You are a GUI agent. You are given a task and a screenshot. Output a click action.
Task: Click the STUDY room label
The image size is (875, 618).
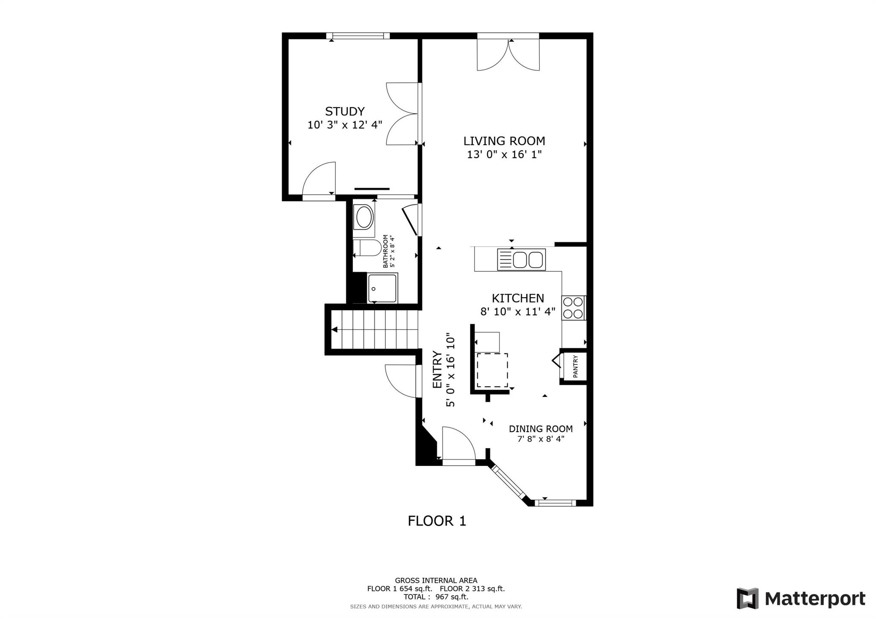coord(345,111)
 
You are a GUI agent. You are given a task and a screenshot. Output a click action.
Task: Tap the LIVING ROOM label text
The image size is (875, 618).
coord(504,141)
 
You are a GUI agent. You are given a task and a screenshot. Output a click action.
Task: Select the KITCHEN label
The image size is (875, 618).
coord(518,298)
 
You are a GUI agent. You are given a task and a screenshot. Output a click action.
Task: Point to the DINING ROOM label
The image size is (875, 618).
coord(540,429)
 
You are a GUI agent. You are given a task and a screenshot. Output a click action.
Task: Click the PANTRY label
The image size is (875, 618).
coord(575,366)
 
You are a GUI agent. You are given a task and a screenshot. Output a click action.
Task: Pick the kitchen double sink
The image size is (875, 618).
coord(521,260)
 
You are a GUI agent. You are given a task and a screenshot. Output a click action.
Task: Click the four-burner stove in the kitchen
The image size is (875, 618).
coord(573,308)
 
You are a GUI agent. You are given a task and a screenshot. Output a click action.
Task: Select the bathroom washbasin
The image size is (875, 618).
coord(364,217)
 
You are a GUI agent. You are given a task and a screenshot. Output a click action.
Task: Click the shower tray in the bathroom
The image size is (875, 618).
coord(383,288)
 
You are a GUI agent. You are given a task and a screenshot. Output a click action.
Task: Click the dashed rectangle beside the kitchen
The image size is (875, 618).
coord(492,370)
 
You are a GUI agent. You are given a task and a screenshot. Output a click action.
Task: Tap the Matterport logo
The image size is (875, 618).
coord(801,598)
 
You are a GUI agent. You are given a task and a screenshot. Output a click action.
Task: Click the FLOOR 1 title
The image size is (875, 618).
coord(437,521)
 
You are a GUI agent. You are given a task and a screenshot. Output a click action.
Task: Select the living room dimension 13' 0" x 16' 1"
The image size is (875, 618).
coord(504,155)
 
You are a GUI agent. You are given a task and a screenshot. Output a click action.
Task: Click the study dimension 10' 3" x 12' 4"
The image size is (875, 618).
coord(345,125)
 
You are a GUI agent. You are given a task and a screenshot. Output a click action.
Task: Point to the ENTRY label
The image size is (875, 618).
coord(437,369)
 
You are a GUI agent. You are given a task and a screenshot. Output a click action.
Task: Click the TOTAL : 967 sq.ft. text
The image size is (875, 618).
coord(436,597)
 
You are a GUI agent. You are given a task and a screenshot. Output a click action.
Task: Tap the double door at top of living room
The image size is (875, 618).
coord(508,55)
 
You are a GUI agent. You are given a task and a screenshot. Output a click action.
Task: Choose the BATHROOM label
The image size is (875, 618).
coord(385,251)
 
